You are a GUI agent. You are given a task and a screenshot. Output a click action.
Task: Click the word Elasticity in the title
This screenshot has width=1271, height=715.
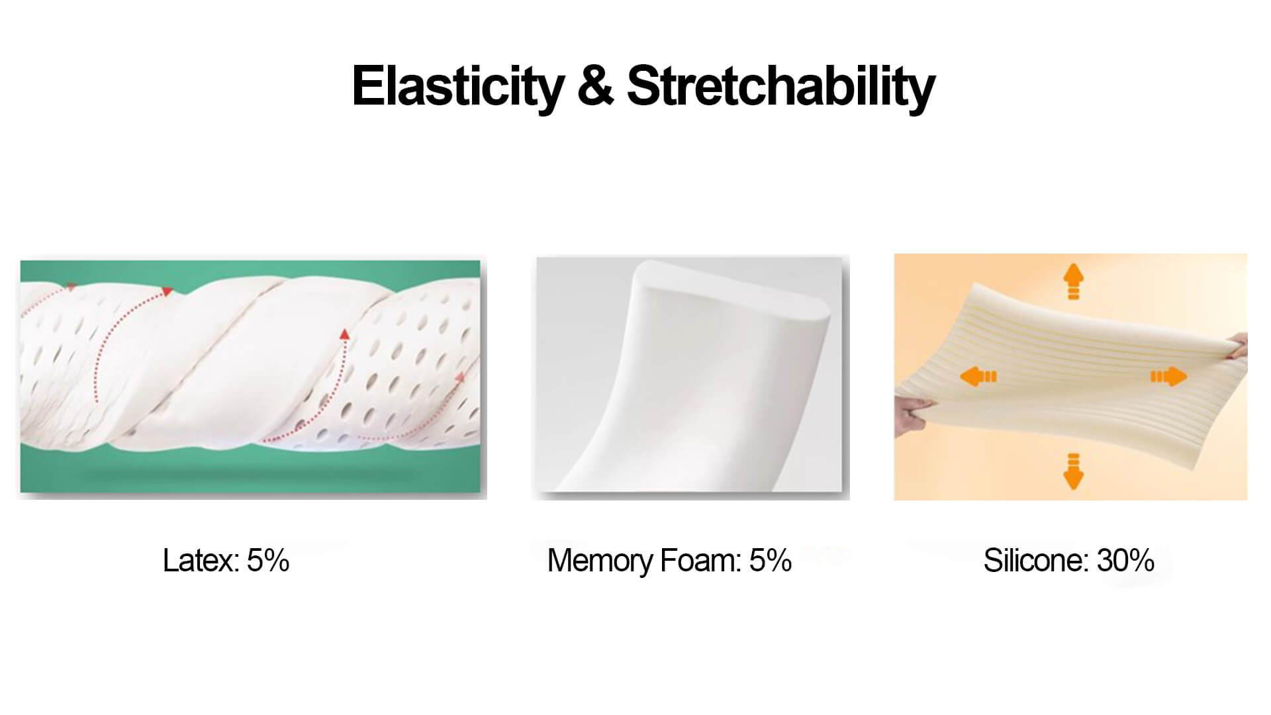click(457, 87)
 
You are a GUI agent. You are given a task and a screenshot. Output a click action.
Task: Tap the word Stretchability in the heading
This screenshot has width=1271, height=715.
click(780, 87)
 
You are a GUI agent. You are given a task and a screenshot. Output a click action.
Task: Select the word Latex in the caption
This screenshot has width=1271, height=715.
click(201, 560)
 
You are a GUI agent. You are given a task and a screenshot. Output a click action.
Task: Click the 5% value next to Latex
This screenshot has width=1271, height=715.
click(268, 560)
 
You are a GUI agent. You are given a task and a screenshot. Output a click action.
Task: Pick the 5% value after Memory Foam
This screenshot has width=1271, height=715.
click(771, 560)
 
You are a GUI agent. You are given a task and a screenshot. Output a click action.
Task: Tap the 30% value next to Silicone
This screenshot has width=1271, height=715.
click(1126, 560)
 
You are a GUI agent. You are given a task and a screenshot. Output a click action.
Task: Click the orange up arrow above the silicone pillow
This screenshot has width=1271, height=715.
click(1073, 282)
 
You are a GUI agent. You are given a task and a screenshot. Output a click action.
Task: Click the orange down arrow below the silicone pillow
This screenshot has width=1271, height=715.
click(1073, 471)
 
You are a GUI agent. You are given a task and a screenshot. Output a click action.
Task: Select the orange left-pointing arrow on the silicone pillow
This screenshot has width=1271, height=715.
click(978, 377)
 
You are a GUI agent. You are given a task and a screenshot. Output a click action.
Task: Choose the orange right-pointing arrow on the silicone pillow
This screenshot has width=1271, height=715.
click(1168, 377)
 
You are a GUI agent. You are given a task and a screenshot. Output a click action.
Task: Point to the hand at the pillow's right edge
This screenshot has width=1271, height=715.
click(1236, 348)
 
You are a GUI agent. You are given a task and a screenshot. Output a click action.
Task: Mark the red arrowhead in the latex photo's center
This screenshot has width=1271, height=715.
click(344, 334)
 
